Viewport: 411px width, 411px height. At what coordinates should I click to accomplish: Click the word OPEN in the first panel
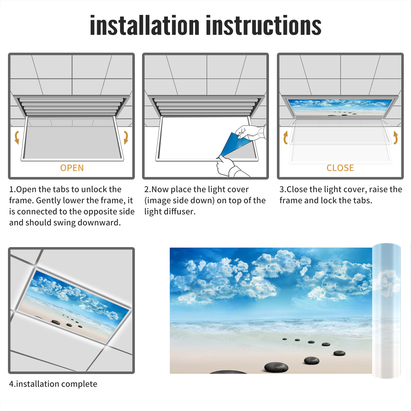72,168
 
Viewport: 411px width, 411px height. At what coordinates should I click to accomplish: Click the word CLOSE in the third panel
340,168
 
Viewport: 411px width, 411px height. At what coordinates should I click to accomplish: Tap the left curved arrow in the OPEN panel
17,137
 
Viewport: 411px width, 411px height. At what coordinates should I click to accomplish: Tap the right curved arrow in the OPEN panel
126,137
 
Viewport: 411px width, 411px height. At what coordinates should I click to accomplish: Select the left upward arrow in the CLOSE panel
285,137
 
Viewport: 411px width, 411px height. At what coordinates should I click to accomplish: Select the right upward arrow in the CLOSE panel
396,137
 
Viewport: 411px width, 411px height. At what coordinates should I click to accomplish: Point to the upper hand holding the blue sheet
250,132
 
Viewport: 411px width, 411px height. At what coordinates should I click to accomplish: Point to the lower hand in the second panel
227,166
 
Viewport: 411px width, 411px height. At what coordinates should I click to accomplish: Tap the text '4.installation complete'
53,384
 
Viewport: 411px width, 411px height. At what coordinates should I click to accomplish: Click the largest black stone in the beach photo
276,367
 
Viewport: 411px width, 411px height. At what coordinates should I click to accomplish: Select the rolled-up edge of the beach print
386,311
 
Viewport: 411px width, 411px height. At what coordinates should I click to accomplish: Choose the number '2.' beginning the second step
148,189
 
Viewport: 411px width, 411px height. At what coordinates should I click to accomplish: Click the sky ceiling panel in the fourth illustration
74,306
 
